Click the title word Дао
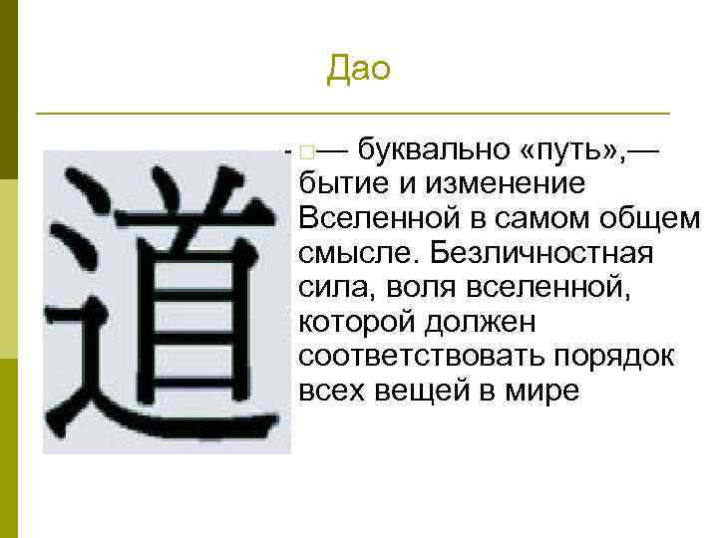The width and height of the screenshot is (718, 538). coord(358,69)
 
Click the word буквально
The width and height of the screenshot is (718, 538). coord(433,151)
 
